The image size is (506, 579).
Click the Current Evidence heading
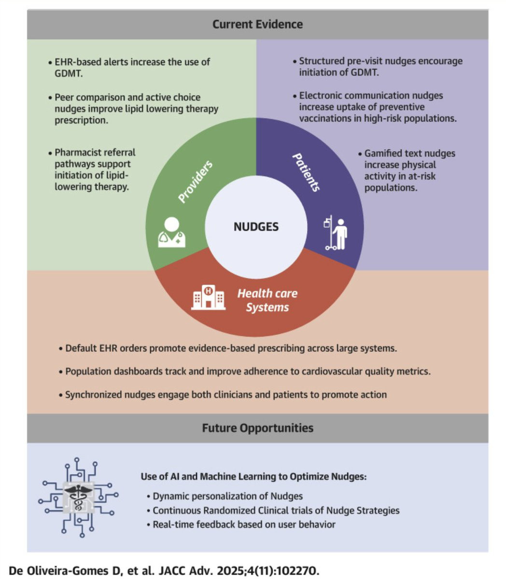click(x=257, y=24)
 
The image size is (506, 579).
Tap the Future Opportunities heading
click(x=258, y=428)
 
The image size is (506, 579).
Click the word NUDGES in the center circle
click(x=256, y=227)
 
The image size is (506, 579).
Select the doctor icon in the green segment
click(x=171, y=233)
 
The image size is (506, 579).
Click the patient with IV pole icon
click(x=336, y=233)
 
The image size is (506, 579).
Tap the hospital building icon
click(x=208, y=297)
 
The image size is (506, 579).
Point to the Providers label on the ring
click(x=196, y=181)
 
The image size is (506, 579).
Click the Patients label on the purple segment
click(x=307, y=172)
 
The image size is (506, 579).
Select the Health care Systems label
click(x=267, y=300)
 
